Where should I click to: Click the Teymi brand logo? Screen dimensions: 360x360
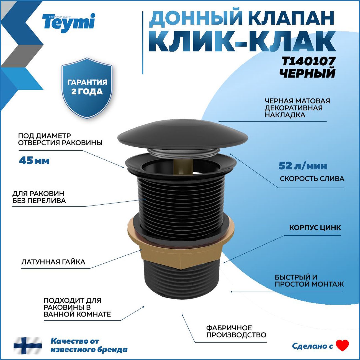pos(69,22)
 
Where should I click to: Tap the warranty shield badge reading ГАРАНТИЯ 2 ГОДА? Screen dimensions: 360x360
pos(87,88)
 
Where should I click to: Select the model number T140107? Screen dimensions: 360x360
pos(308,61)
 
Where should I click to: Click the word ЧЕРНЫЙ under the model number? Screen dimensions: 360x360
pos(307,73)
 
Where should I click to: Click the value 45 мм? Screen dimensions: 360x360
pos(34,161)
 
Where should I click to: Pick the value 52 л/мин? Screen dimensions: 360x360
pos(303,166)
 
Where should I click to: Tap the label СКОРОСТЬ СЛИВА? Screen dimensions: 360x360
pos(312,179)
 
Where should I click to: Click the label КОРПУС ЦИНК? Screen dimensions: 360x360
pos(315,228)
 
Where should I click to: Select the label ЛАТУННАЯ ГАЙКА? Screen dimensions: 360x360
pos(53,262)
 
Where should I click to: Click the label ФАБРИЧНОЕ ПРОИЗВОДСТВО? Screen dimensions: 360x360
pos(236,331)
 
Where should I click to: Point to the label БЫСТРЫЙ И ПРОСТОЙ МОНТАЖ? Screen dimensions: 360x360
pos(309,281)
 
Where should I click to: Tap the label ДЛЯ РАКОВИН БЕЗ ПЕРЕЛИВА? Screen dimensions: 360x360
pos(39,197)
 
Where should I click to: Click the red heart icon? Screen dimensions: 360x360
pos(342,345)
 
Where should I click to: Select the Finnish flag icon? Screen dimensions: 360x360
pos(28,345)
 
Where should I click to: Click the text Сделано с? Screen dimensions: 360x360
pos(312,346)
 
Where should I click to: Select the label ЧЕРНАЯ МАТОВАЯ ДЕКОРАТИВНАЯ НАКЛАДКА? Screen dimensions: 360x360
pos(297,108)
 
